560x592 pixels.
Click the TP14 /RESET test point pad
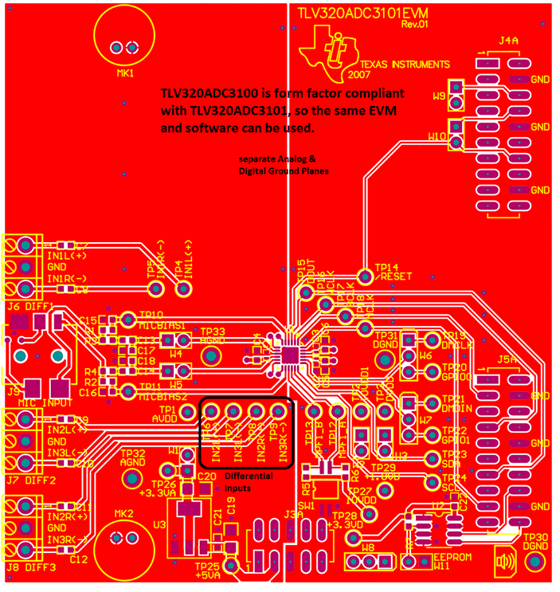(365, 276)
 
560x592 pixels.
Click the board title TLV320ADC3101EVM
(353, 14)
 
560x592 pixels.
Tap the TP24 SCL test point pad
(433, 483)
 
